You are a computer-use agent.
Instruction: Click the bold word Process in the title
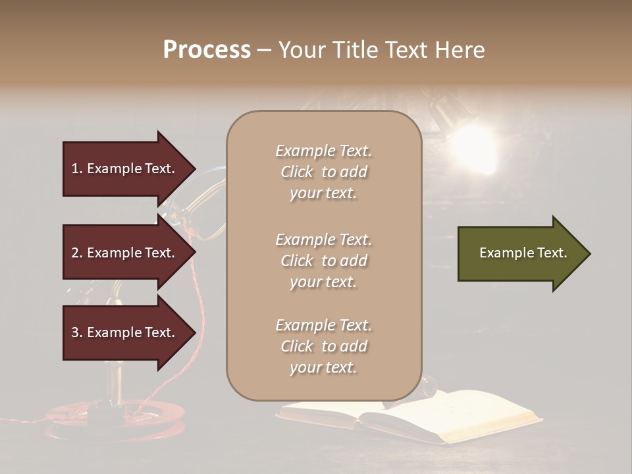click(x=207, y=50)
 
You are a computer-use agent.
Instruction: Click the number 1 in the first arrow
click(x=75, y=169)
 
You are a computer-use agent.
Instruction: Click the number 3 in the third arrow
click(x=75, y=332)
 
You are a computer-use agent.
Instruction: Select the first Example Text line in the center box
click(x=323, y=151)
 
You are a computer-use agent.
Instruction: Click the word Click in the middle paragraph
click(x=297, y=261)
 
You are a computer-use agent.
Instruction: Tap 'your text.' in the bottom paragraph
click(x=323, y=367)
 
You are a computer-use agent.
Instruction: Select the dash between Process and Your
click(x=264, y=50)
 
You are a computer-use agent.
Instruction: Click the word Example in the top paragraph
click(x=305, y=151)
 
